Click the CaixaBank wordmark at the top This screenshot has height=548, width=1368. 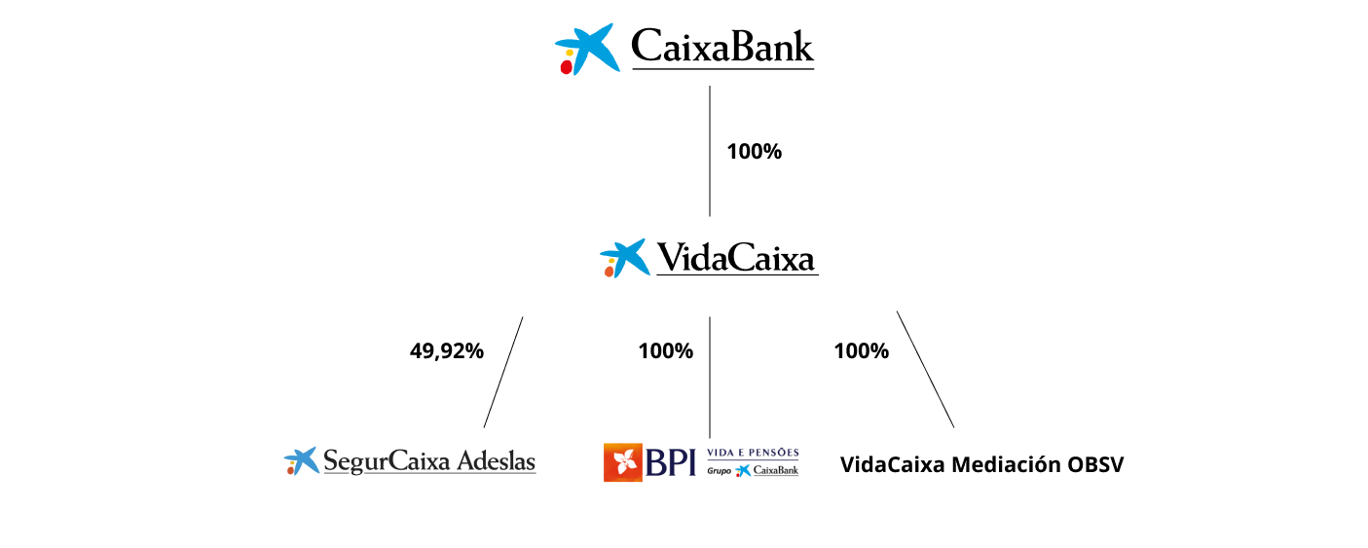(x=721, y=47)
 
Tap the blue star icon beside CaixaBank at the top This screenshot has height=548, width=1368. (x=588, y=49)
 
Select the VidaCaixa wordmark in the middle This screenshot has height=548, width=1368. (x=736, y=259)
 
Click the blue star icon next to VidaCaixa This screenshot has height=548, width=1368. (x=624, y=258)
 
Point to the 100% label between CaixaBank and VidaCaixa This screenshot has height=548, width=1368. (x=754, y=152)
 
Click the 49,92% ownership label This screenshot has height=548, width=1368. (x=446, y=351)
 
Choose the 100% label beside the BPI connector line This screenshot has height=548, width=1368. (x=665, y=351)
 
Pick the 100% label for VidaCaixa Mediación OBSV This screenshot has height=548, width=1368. (x=861, y=351)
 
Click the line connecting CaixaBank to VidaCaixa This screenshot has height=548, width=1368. (x=710, y=151)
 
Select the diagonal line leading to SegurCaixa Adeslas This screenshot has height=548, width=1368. (x=503, y=372)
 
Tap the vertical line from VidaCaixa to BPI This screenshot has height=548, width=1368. (x=710, y=377)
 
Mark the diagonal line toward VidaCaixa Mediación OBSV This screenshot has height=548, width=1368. (x=925, y=369)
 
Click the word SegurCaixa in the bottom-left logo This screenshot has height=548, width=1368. (x=386, y=460)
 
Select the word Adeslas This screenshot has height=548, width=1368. (x=496, y=460)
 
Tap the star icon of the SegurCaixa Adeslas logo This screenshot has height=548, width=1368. (x=302, y=460)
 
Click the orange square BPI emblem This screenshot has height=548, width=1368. (x=623, y=462)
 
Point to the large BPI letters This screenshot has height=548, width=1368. (x=671, y=462)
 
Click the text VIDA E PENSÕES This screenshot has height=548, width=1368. (x=752, y=453)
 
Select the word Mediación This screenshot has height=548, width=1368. (x=1005, y=464)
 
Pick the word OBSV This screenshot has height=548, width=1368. (x=1095, y=464)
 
